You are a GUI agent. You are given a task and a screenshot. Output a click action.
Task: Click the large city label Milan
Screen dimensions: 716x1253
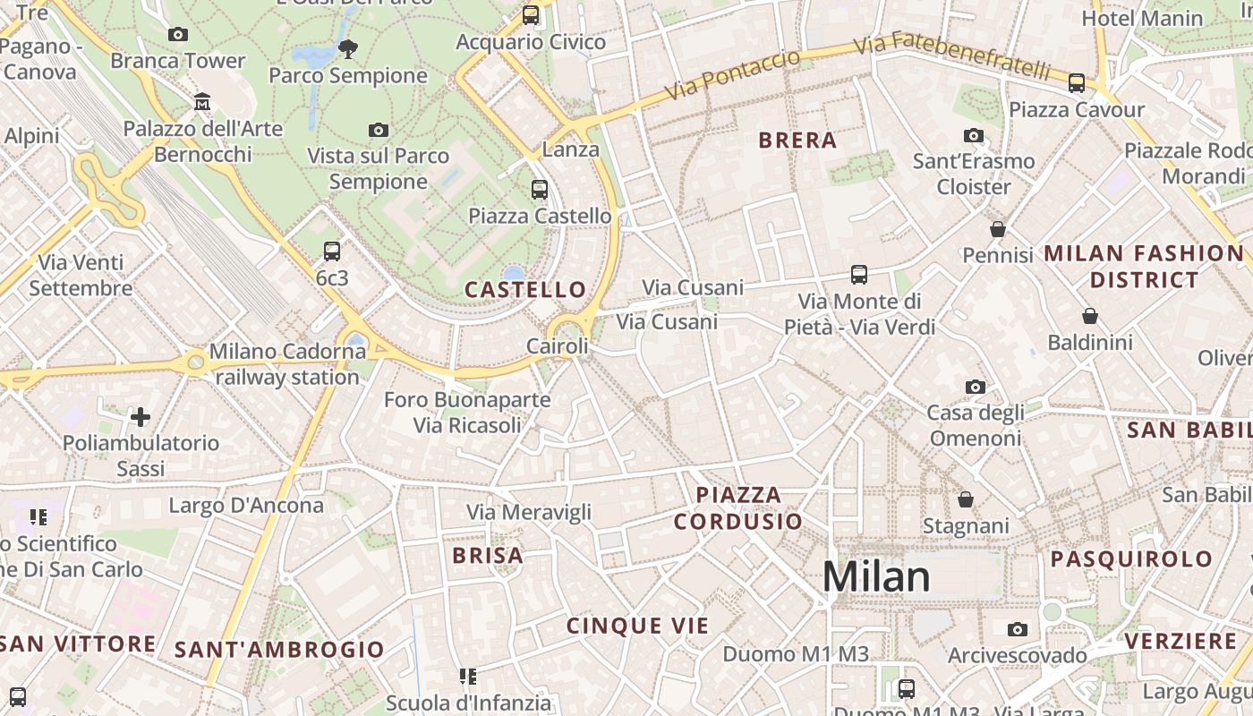coord(876,577)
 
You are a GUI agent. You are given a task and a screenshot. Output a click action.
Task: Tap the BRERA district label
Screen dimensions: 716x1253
coord(797,141)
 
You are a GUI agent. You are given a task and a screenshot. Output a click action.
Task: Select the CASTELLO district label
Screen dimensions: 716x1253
coord(525,289)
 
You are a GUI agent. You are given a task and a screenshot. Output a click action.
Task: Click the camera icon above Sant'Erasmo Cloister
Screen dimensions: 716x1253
coord(974,136)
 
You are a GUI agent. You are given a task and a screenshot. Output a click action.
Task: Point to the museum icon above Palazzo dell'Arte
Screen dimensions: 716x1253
coord(202,102)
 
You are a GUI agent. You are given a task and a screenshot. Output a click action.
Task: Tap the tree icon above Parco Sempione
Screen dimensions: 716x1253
coord(348,48)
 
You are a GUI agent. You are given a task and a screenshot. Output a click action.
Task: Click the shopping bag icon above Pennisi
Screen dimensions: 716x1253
coord(998,230)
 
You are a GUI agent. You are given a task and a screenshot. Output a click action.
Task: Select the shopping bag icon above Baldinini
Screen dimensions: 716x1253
coord(1090,316)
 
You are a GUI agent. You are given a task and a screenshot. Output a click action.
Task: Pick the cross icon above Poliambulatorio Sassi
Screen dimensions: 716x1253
coord(141,417)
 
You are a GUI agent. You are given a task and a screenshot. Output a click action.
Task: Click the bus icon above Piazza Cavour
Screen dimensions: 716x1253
coord(1077,83)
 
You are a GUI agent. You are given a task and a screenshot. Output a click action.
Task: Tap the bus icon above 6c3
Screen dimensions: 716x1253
coord(332,251)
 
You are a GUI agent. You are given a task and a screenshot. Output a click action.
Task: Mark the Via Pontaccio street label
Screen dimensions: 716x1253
coord(732,75)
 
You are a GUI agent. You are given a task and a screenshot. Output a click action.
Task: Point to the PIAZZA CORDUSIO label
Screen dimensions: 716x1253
coord(738,507)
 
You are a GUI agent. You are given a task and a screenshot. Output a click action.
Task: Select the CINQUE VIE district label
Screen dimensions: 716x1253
coord(637,626)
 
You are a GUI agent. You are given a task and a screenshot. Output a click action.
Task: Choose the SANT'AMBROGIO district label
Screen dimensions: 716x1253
coord(279,650)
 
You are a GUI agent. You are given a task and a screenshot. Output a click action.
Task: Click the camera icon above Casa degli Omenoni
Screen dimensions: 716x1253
coord(976,388)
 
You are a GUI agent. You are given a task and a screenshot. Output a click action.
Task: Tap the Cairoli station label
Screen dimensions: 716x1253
coord(558,346)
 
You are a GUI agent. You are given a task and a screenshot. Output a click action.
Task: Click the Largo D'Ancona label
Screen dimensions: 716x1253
coord(246,506)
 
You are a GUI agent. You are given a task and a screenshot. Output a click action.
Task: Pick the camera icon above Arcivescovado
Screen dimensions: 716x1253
coord(1018,630)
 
